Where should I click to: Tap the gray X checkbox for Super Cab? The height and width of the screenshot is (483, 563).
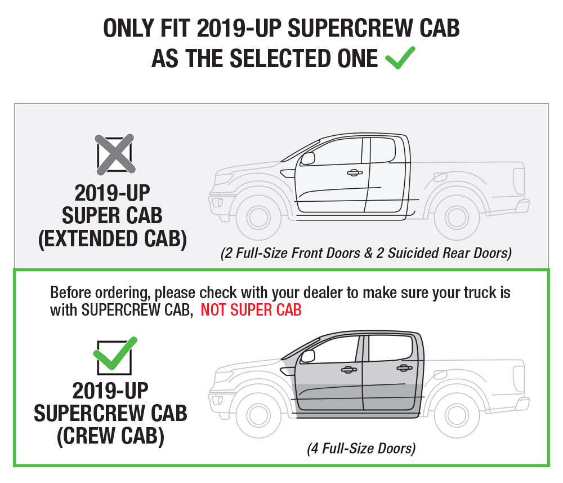click(115, 154)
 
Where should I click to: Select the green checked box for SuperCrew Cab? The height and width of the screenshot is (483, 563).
click(114, 356)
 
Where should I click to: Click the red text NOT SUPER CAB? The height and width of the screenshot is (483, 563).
click(251, 310)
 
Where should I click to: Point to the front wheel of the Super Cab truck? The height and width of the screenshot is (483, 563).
click(258, 218)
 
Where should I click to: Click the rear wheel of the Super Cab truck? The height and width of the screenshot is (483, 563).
click(457, 218)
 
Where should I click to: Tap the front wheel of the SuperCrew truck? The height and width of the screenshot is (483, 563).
click(258, 415)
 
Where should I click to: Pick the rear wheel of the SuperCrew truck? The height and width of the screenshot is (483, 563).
click(457, 415)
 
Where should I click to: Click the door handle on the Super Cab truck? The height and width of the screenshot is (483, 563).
click(354, 173)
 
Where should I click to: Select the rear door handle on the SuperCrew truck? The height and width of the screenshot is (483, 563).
click(404, 368)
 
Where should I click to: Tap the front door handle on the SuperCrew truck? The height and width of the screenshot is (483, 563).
click(348, 370)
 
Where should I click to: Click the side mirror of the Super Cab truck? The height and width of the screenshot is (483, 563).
click(308, 158)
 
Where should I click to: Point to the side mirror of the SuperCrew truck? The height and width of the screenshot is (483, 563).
click(308, 356)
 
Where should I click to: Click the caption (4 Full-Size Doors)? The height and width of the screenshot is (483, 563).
click(361, 449)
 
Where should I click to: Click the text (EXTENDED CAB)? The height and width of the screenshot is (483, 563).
click(113, 238)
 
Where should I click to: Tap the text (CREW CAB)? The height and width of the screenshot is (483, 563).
click(110, 436)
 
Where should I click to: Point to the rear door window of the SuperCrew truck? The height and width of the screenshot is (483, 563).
click(390, 348)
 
